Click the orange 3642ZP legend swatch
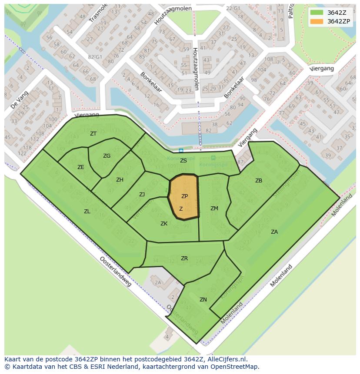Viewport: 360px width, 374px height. point(317,21)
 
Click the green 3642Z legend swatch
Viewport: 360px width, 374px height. point(317,13)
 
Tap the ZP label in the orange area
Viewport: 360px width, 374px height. point(184,196)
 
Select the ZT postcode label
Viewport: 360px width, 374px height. point(93,134)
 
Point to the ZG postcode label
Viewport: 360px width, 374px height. point(107,156)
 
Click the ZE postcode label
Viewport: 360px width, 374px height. point(80,167)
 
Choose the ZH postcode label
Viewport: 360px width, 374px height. point(120,180)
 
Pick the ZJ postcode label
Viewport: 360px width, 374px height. point(142,195)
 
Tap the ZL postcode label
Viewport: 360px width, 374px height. point(87,212)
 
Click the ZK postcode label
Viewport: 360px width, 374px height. point(164,224)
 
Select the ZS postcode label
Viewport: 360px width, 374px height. point(183,161)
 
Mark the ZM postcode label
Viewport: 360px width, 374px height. point(214,209)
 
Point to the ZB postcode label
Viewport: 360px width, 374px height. point(259,181)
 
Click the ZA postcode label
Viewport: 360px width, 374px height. point(274,232)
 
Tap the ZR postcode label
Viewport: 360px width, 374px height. point(184,258)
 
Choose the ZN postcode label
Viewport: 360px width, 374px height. point(203,300)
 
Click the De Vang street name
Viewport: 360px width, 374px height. point(19,99)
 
